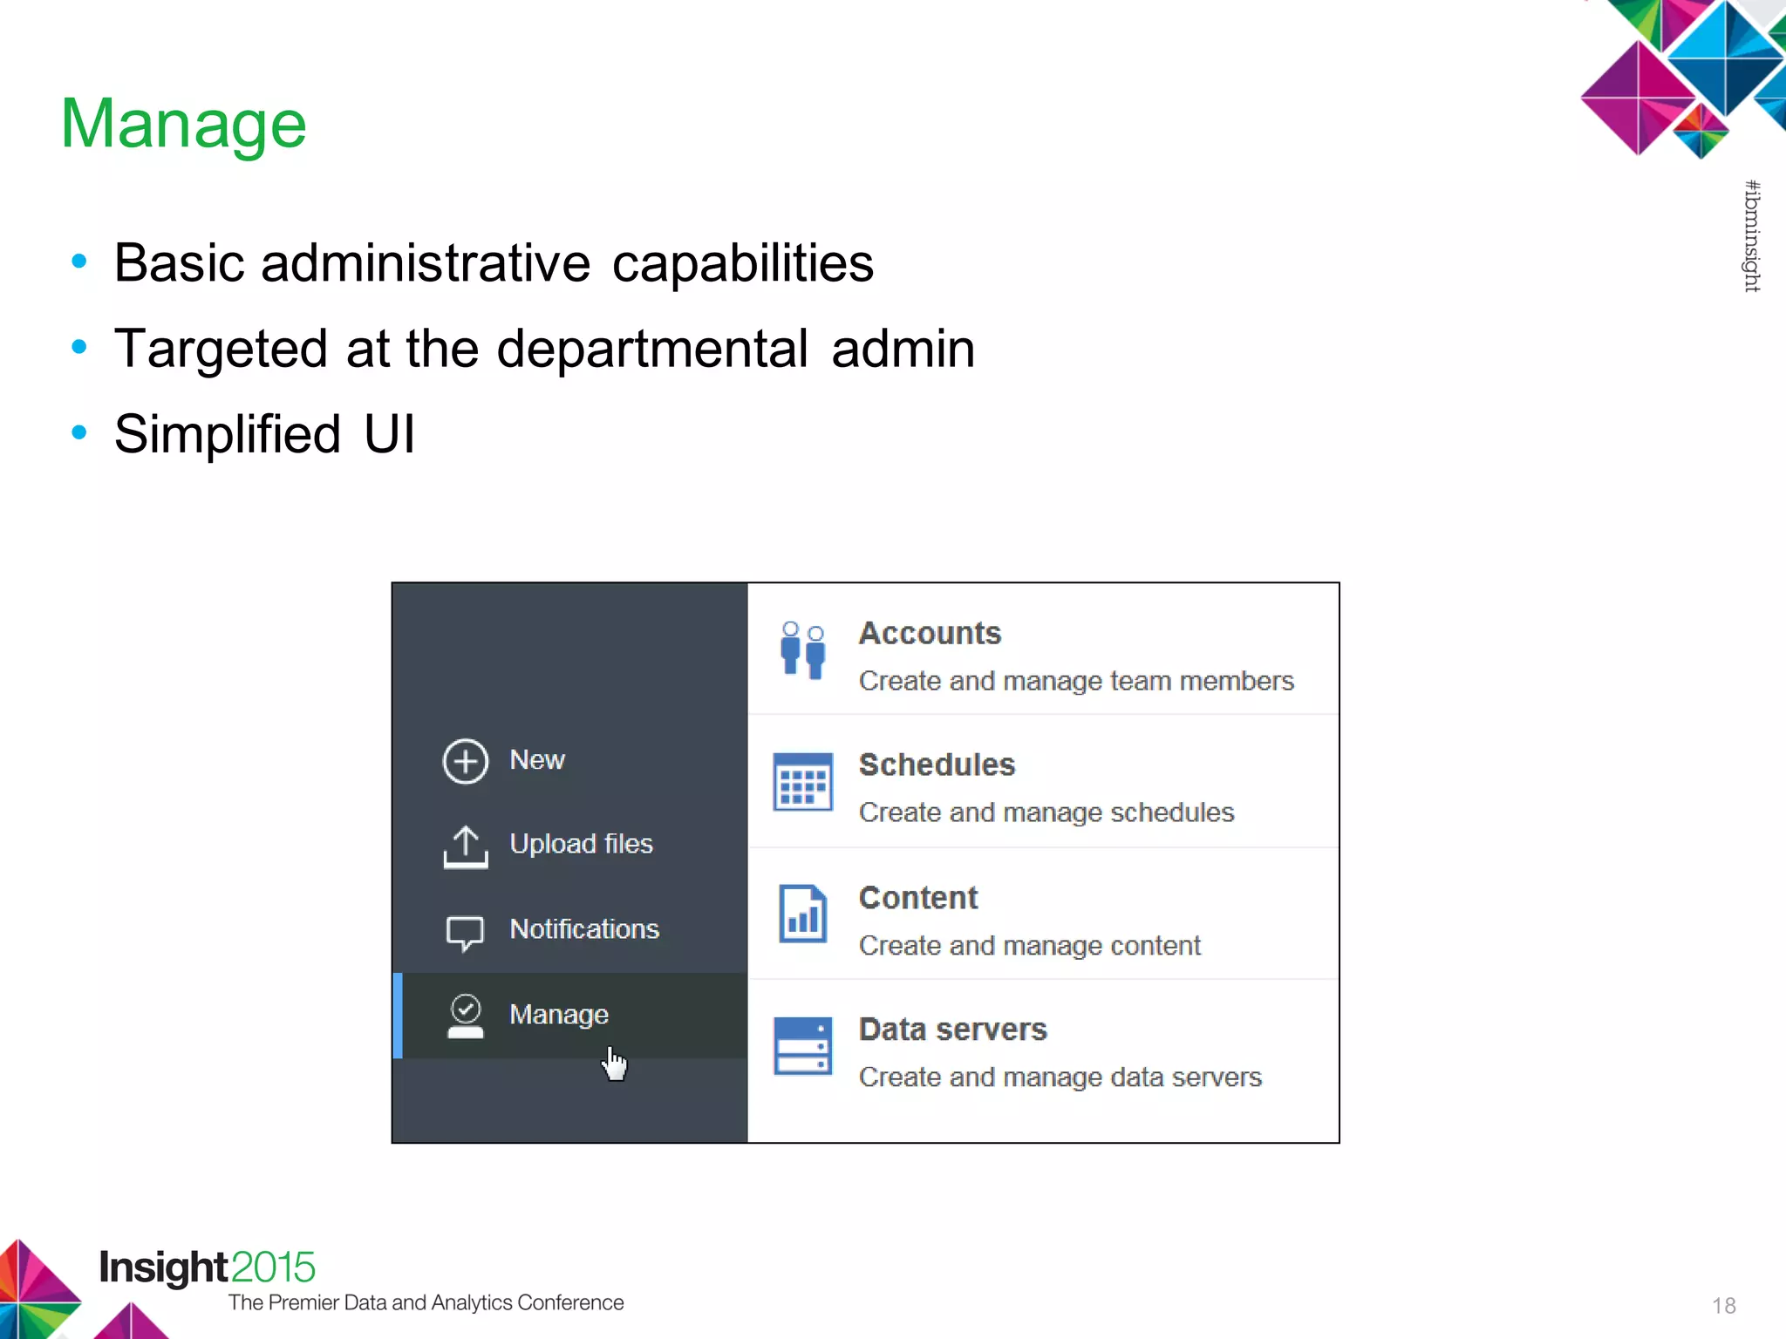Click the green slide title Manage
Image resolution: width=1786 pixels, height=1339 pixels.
184,124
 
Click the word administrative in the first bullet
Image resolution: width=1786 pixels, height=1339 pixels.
426,263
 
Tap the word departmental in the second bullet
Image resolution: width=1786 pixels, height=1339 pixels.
652,349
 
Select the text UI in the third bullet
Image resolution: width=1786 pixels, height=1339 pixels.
389,434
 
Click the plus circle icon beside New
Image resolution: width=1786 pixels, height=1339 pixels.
465,761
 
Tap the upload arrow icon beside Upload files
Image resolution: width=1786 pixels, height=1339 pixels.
466,846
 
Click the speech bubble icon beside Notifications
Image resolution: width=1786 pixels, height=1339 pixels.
465,932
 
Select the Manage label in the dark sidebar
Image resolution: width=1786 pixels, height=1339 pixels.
559,1015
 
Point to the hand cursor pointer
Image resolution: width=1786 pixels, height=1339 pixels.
615,1064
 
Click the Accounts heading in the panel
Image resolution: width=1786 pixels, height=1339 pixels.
930,634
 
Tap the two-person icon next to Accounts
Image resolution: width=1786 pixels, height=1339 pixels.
803,649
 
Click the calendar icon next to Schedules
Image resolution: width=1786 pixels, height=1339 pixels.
803,781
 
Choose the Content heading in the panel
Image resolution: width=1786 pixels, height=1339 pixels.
918,898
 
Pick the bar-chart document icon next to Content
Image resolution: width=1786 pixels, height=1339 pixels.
803,914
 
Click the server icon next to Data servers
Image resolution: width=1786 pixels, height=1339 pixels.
803,1046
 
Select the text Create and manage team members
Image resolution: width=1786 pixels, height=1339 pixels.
1076,681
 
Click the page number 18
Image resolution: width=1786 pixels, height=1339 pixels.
1723,1306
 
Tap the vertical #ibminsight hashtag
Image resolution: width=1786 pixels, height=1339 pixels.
1752,236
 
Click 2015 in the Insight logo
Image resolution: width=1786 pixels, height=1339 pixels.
273,1268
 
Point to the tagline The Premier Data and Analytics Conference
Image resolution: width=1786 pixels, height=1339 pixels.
426,1302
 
